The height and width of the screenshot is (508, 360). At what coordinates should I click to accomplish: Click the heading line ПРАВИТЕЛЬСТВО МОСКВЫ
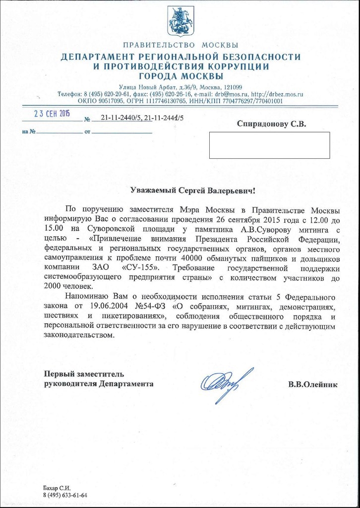click(180, 46)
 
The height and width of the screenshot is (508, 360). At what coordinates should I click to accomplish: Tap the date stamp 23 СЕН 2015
click(52, 113)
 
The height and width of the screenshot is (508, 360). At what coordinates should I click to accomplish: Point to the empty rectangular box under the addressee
click(269, 145)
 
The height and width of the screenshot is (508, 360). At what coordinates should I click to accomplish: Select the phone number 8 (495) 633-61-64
click(65, 495)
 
